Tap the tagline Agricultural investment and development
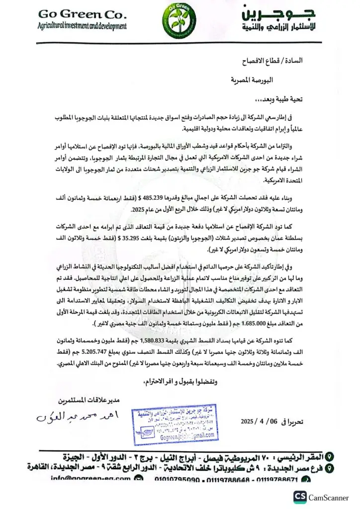82,26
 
